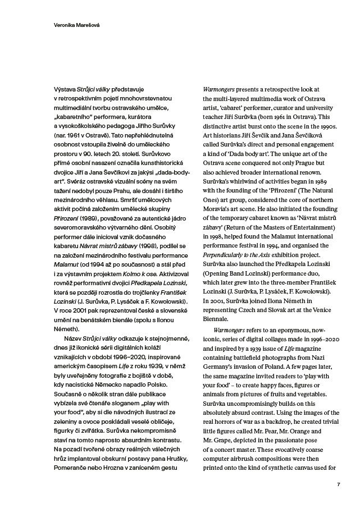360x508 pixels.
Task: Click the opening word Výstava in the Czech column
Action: pyautogui.click(x=63, y=90)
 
